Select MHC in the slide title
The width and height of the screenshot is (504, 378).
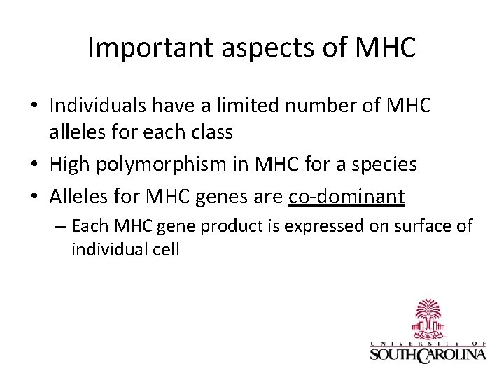click(x=386, y=48)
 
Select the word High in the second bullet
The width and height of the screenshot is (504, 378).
click(x=69, y=164)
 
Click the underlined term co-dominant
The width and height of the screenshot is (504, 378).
click(x=346, y=197)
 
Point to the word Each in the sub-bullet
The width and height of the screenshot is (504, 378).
click(x=87, y=226)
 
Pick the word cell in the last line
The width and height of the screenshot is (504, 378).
click(x=165, y=250)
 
